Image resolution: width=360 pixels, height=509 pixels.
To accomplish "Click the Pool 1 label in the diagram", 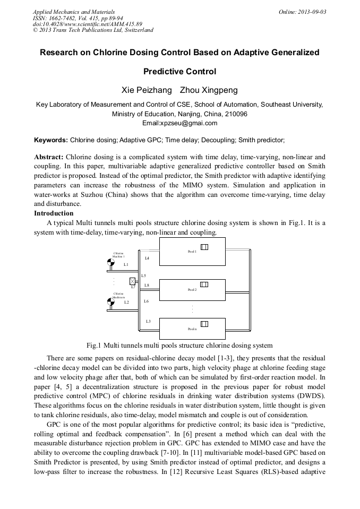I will (192, 251).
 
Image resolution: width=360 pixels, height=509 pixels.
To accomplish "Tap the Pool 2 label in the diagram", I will (192, 290).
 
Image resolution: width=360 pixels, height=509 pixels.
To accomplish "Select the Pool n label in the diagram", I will (192, 329).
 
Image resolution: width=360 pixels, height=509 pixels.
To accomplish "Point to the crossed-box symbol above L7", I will (133, 281).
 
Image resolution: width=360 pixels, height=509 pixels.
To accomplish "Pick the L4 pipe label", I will (147, 258).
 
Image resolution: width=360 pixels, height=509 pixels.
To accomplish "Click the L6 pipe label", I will (147, 301).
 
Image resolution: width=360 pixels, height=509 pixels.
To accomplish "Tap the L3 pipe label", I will (148, 321).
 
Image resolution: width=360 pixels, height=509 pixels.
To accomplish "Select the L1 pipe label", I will (126, 264).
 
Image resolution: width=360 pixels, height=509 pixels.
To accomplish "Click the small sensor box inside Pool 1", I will (204, 246).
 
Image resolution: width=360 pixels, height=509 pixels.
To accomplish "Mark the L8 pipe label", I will (147, 286).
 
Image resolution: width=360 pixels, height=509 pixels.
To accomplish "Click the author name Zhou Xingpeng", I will (209, 90).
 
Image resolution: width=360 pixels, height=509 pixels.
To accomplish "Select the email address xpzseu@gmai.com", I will (180, 123).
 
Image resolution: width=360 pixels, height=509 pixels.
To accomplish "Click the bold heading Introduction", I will (54, 213).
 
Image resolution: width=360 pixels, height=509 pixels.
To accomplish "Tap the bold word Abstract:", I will (49, 157).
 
